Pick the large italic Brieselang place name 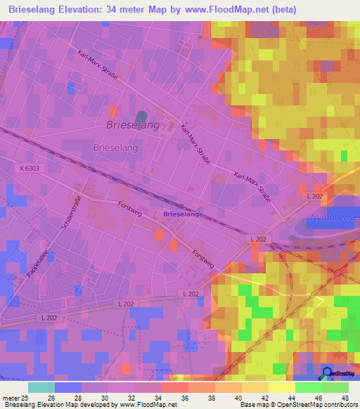coord(133,124)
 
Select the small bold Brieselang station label coord(181,214)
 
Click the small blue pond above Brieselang coord(142,115)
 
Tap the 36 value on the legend coord(184,397)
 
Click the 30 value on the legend coord(103,397)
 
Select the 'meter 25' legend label coord(14,397)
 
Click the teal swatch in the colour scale coord(41,387)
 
